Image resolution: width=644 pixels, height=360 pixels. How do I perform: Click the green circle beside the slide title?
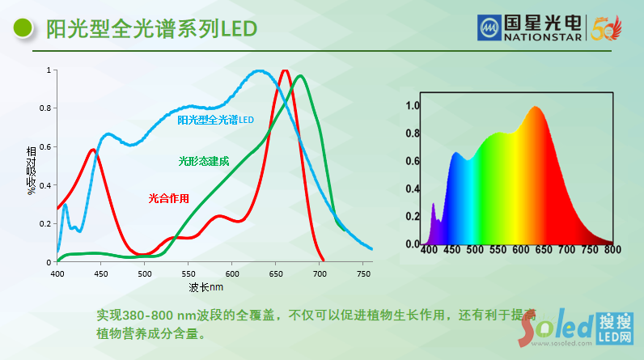pos(24,29)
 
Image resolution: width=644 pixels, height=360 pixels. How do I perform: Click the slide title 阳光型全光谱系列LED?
pos(151,29)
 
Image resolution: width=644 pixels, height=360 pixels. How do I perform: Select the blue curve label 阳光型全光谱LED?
pos(215,120)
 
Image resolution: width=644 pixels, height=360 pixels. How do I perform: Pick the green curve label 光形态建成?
pos(204,161)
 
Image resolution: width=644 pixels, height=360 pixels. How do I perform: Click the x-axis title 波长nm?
pos(206,287)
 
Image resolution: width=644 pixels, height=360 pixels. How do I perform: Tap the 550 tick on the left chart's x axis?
pos(189,274)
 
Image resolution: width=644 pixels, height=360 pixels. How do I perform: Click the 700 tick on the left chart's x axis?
pos(320,274)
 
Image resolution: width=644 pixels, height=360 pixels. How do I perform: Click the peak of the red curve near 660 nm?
pos(285,70)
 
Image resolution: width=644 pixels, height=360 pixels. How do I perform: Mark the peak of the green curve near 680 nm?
pos(301,76)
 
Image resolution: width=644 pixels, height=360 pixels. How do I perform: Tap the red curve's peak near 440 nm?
pos(93,150)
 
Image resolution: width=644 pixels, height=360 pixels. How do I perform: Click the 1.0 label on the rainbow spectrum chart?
pos(413,105)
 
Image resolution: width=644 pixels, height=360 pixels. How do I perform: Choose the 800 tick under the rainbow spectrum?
pos(612,250)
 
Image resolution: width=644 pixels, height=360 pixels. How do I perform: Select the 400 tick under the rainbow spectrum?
pos(429,250)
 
